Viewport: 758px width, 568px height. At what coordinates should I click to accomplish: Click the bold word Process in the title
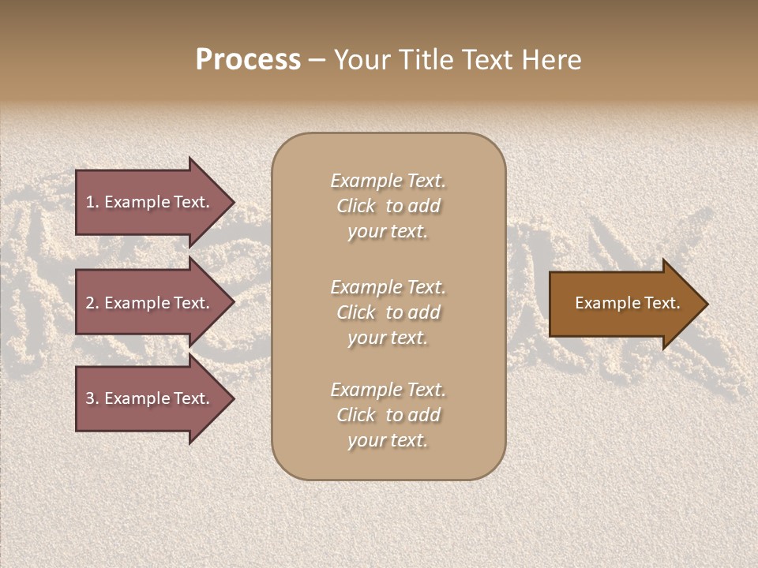248,60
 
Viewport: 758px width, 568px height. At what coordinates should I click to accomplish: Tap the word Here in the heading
553,60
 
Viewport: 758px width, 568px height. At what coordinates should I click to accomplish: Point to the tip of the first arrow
232,202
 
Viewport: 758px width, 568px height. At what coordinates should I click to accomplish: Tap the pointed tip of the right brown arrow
706,303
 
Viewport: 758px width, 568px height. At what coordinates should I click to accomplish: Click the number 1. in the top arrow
92,202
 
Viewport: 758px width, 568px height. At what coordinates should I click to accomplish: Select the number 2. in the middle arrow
92,303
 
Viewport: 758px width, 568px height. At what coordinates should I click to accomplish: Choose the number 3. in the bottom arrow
92,398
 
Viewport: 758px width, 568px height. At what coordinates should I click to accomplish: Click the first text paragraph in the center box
388,206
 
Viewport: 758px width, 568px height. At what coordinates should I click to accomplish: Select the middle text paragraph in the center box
388,312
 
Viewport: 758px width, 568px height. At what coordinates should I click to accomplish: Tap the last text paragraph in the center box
388,415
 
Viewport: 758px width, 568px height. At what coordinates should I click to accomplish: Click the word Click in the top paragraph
355,206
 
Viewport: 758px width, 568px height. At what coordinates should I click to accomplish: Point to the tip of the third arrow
232,398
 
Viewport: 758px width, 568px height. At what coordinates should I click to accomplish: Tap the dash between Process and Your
317,60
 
